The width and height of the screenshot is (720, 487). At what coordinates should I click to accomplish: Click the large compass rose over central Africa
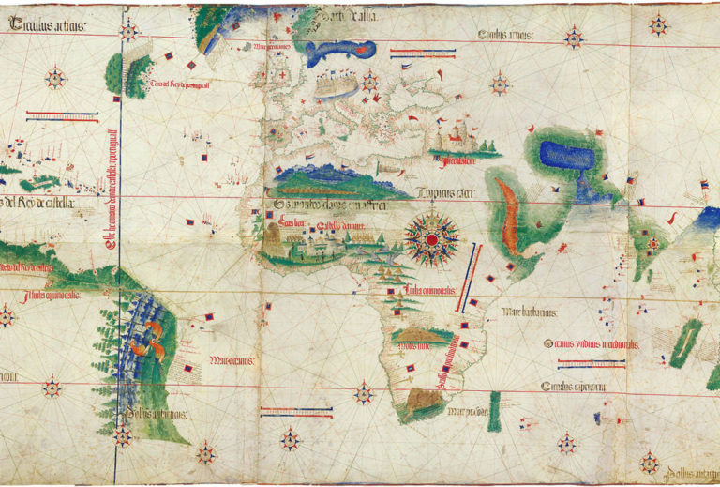[x=431, y=240]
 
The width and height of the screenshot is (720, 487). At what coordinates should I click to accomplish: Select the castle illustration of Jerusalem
[x=459, y=141]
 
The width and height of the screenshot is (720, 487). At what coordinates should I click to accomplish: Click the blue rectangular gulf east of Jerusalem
[x=567, y=155]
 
